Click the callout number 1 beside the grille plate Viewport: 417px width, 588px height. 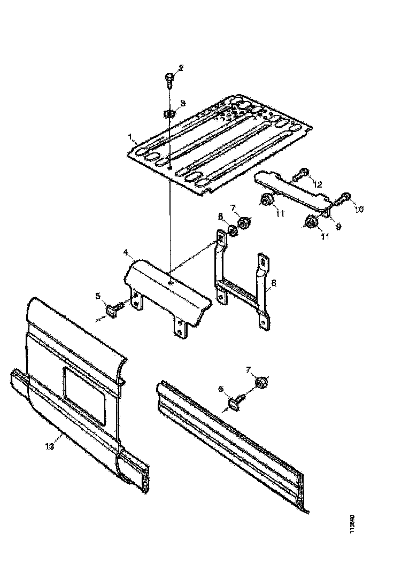(130, 137)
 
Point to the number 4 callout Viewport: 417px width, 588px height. (125, 251)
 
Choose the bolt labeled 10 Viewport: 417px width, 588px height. (344, 198)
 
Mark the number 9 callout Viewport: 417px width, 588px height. (338, 227)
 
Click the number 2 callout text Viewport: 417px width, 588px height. (181, 68)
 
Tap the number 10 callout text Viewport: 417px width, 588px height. (358, 209)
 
